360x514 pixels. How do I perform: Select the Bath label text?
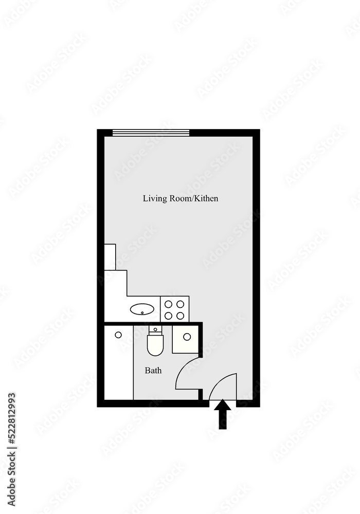tap(153, 370)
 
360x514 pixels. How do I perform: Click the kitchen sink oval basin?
tap(142, 309)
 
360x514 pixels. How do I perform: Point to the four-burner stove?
tap(174, 309)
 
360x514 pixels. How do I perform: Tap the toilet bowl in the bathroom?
tap(155, 344)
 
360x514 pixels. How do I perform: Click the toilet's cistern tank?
tap(155, 329)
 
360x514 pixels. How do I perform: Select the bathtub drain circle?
tap(118, 335)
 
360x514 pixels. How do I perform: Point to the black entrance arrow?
tap(222, 414)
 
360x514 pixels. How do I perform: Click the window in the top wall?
tap(151, 133)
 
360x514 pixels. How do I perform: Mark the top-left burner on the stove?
tap(168, 304)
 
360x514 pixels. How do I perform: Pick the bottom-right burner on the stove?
tap(181, 316)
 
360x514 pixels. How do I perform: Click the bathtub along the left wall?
tap(119, 362)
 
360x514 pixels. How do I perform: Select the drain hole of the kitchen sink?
tap(142, 312)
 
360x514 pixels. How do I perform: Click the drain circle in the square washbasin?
tap(187, 337)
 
